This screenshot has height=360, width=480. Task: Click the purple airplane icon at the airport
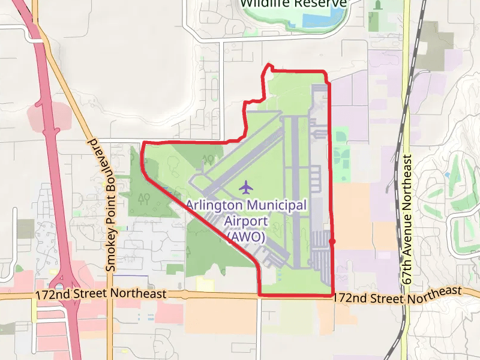245,187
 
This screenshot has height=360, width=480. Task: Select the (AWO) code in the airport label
245,236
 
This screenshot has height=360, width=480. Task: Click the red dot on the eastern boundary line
332,241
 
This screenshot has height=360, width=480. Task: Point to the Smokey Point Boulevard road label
110,204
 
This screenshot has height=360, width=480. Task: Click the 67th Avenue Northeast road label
408,220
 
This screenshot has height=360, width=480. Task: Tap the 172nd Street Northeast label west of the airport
100,295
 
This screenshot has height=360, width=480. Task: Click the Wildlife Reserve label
294,4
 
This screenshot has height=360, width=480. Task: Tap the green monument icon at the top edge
377,5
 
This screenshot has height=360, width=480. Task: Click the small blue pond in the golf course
448,174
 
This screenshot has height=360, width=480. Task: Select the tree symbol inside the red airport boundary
209,159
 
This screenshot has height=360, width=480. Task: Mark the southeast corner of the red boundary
332,295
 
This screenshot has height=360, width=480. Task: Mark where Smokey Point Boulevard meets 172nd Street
112,295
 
